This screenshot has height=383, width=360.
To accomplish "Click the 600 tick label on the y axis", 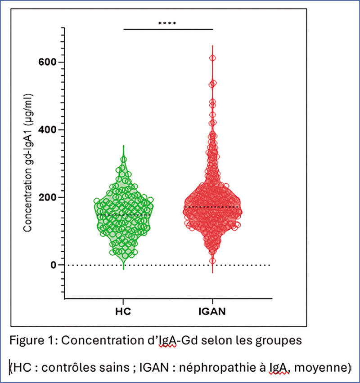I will click(x=50, y=62).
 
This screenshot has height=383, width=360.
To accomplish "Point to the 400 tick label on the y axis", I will click(x=50, y=130).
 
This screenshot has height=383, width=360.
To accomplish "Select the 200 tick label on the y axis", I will click(x=50, y=197).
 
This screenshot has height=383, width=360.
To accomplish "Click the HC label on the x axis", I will click(x=123, y=311).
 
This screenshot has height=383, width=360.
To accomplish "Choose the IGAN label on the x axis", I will click(x=212, y=311).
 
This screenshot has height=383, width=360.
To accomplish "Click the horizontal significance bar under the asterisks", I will click(x=168, y=29).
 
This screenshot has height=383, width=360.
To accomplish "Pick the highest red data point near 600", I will click(x=212, y=58).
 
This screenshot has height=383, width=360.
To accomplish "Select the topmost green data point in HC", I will click(x=123, y=160).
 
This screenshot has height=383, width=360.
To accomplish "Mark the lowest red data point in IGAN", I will click(x=212, y=261).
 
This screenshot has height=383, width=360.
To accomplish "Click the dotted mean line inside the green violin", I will click(x=123, y=215).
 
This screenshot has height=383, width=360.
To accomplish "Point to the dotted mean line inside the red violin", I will click(x=212, y=207).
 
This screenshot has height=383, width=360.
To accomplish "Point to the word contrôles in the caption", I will click(x=66, y=368).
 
